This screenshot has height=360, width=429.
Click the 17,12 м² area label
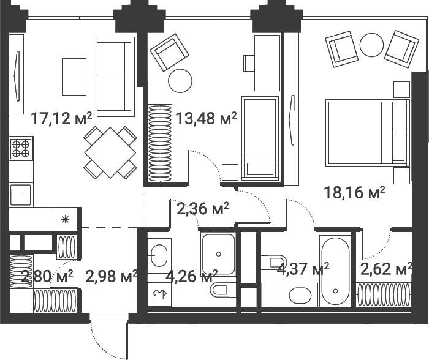(61, 118)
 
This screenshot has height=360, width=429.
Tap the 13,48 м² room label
(206, 118)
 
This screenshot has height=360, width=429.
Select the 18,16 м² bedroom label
(354, 193)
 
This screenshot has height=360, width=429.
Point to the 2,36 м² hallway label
(203, 209)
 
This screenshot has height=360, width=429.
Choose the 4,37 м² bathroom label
(303, 268)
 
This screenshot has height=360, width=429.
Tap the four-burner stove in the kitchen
(21, 149)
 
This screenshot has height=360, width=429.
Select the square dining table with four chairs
(110, 152)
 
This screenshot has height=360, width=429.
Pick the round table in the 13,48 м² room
(180, 80)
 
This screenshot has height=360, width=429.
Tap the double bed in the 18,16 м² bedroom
(366, 133)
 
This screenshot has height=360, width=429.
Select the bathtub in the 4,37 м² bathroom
(335, 270)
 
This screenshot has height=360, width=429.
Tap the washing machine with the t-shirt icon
(159, 294)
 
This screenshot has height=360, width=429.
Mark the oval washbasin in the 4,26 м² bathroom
(159, 253)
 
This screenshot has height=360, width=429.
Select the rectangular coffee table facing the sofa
(74, 76)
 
